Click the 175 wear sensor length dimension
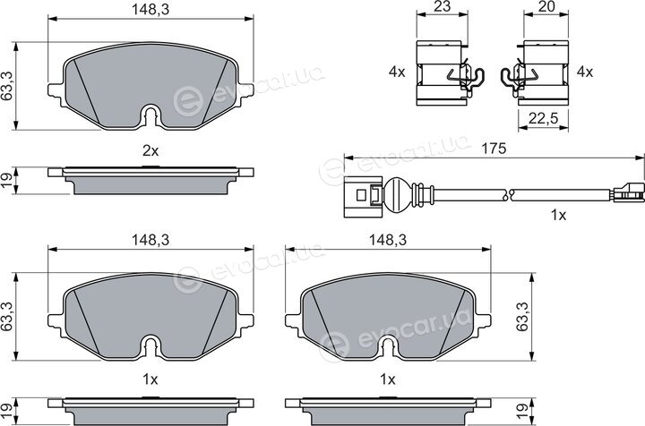pos(494,149)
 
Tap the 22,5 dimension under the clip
pos(543,119)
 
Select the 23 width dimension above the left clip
pos(442,6)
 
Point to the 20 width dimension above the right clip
pos(546,6)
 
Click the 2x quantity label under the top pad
pos(150,151)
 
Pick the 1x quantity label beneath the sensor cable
pos(559,215)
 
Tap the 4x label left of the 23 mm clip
pos(397,72)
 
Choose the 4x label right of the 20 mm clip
pos(584,72)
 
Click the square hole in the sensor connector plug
pos(361,195)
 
